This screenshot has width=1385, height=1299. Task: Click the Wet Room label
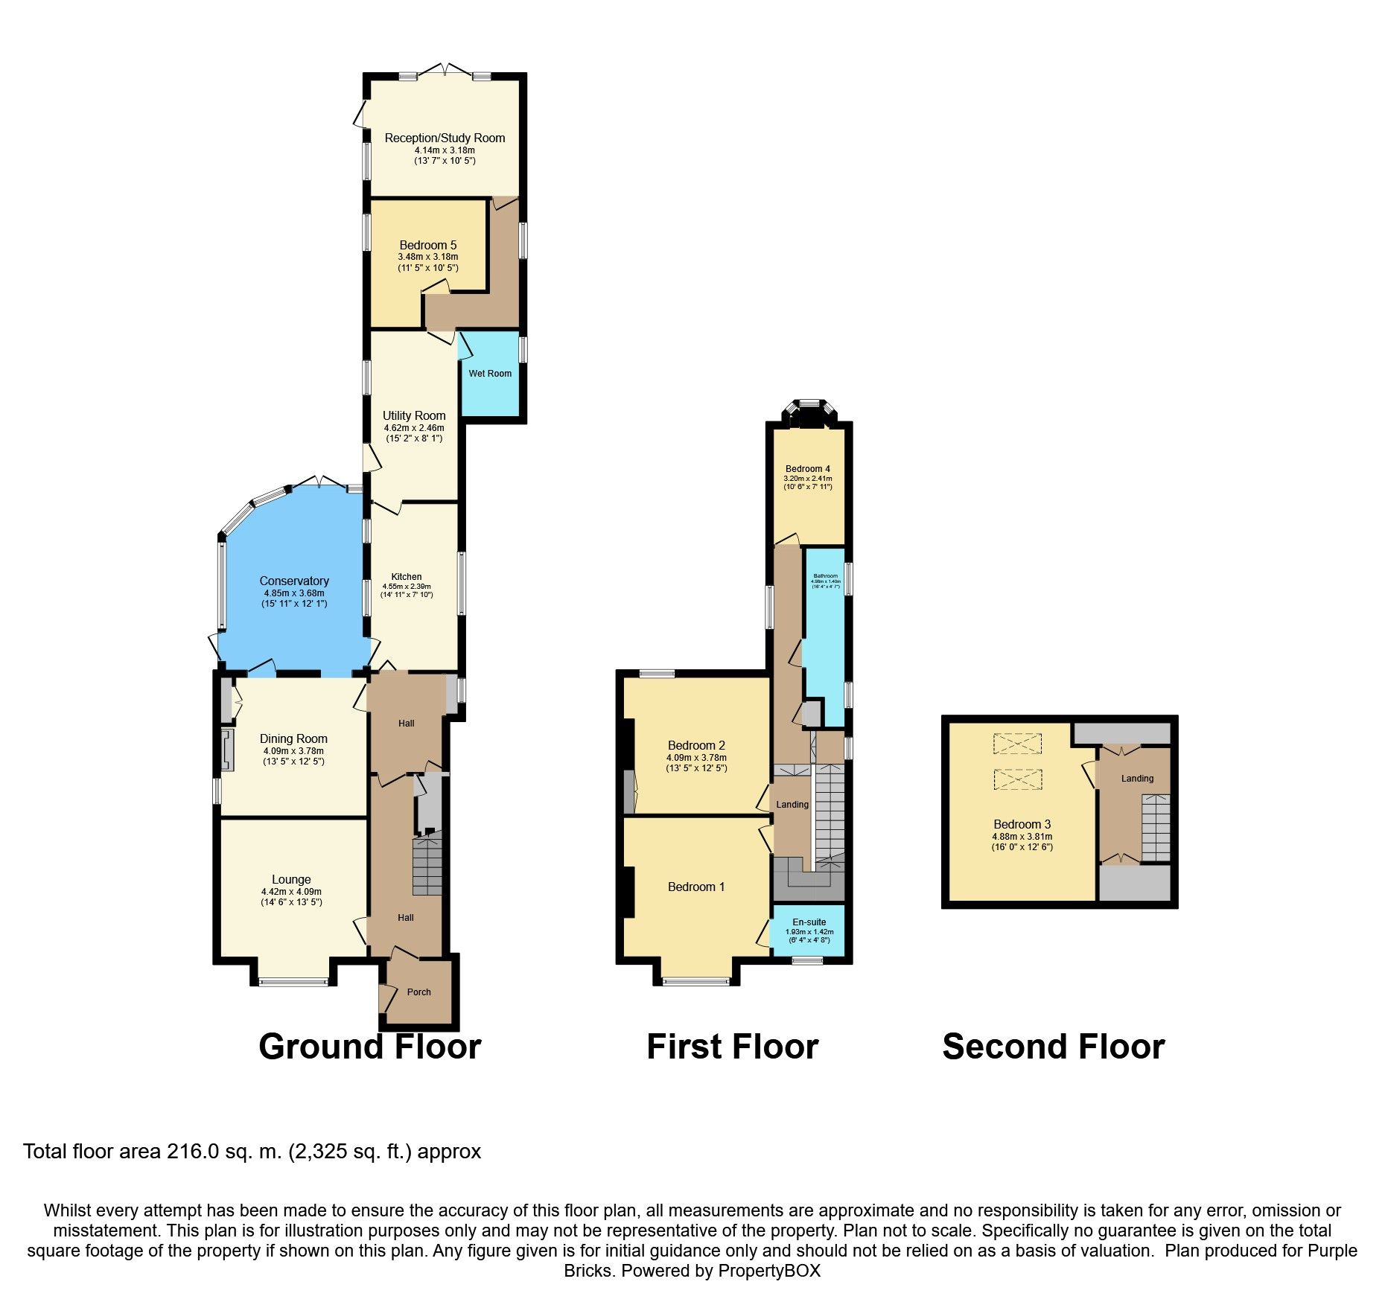[490, 374]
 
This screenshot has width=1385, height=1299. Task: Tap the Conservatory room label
[294, 581]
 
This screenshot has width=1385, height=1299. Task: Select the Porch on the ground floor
[419, 992]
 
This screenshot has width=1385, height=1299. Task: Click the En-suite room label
[809, 922]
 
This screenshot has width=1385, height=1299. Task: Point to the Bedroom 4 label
[807, 469]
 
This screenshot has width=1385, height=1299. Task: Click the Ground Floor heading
[369, 1047]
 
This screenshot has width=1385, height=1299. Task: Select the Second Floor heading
[1053, 1047]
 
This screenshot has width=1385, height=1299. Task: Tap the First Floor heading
[732, 1047]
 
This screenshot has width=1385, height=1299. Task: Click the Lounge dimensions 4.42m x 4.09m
[291, 892]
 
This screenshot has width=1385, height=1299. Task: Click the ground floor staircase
[427, 864]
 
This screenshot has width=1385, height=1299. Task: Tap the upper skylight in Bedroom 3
[1017, 742]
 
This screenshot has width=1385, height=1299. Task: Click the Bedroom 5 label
[428, 245]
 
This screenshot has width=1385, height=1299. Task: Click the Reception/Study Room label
[445, 138]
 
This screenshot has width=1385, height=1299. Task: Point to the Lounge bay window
[293, 982]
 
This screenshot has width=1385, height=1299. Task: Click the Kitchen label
[407, 576]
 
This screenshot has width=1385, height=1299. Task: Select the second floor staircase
[1156, 828]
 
